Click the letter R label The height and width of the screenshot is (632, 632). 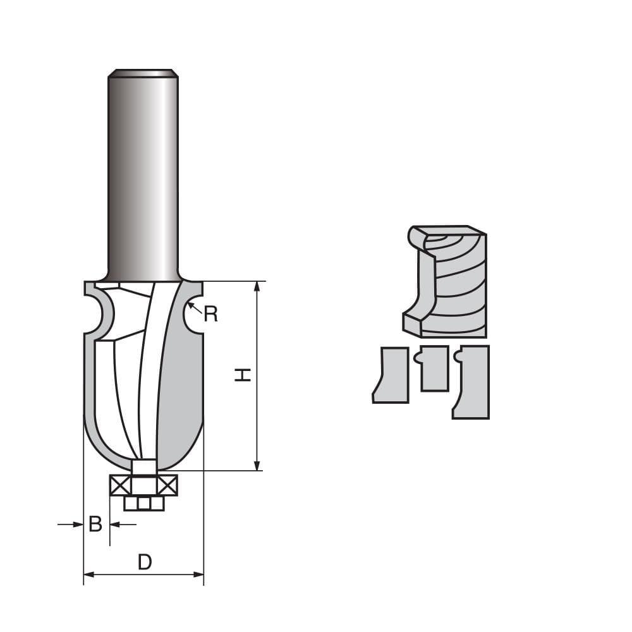click(210, 314)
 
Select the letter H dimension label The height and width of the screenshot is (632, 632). click(243, 375)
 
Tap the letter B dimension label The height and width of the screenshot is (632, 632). click(95, 524)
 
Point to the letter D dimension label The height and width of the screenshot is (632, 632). click(145, 561)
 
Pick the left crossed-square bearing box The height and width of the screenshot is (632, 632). click(120, 485)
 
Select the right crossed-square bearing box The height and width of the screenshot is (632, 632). click(167, 485)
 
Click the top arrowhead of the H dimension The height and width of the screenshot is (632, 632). click(257, 286)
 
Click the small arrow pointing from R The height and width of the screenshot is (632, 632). click(194, 308)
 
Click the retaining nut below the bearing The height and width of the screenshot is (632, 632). click(144, 503)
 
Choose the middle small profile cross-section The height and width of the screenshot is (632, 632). click(434, 368)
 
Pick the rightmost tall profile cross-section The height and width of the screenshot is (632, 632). click(473, 382)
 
